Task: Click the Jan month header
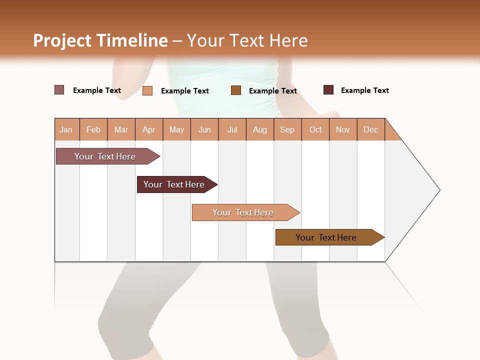(66, 129)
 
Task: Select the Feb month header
(93, 129)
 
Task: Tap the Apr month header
(148, 129)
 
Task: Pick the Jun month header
(204, 129)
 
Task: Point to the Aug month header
(259, 129)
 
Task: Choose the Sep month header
(287, 129)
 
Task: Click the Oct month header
(315, 129)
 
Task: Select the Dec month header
(370, 129)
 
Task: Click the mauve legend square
(59, 90)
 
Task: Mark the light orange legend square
(147, 90)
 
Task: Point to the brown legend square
(236, 90)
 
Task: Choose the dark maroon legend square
(328, 90)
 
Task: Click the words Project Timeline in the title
(100, 40)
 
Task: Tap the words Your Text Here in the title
(247, 40)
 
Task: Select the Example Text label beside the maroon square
(364, 90)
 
